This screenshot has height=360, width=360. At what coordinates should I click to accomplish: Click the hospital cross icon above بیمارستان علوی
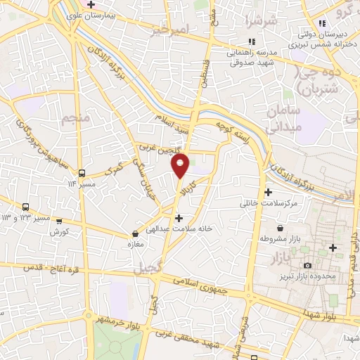coord(91,4)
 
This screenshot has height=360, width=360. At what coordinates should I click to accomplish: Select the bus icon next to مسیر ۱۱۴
coord(82,172)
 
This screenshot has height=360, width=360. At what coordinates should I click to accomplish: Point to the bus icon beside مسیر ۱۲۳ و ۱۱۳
coord(26,207)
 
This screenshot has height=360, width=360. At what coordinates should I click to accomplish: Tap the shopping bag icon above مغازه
coord(136,233)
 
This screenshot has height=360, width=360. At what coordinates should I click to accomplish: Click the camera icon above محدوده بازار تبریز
coord(307,265)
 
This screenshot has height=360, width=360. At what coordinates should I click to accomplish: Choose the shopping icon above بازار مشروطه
coord(281,229)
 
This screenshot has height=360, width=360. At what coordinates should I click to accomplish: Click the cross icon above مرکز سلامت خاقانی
coord(267,192)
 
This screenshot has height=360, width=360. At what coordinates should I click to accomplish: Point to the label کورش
coord(60,231)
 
